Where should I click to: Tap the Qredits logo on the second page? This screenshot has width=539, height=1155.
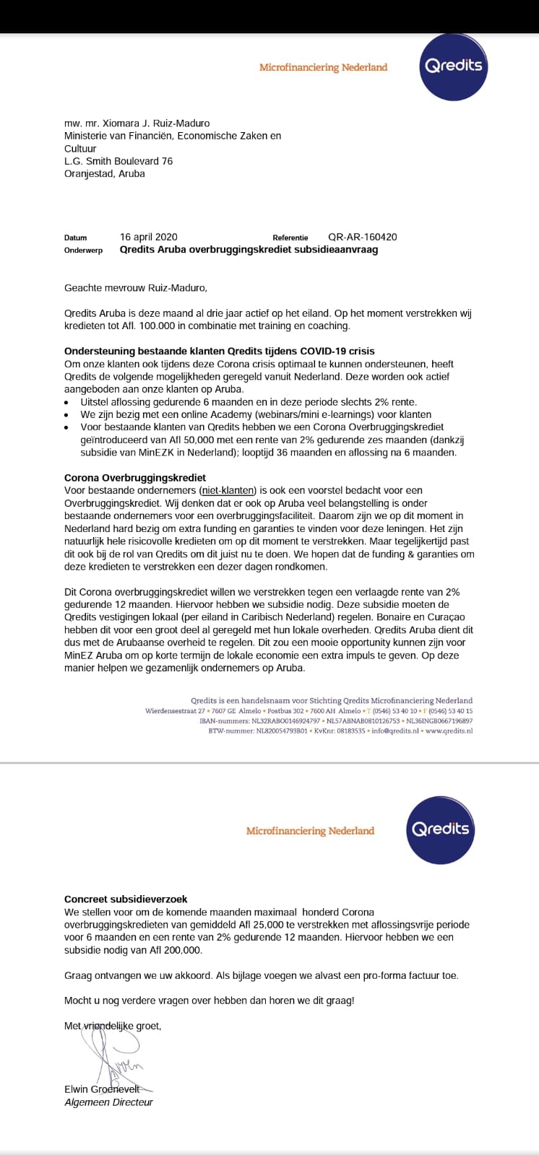pyautogui.click(x=440, y=829)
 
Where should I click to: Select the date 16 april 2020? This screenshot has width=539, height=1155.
pyautogui.click(x=148, y=237)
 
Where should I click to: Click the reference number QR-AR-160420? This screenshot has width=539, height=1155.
pyautogui.click(x=362, y=237)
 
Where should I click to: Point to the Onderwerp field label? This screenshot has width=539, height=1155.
pyautogui.click(x=83, y=250)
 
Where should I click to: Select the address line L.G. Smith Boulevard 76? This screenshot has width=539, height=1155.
pyautogui.click(x=118, y=161)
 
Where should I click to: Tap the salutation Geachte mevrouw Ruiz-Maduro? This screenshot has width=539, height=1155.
pyautogui.click(x=135, y=288)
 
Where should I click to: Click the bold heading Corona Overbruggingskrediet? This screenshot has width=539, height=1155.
pyautogui.click(x=135, y=478)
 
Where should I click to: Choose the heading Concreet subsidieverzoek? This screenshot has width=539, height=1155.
pyautogui.click(x=126, y=899)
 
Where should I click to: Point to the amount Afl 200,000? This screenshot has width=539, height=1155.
pyautogui.click(x=173, y=951)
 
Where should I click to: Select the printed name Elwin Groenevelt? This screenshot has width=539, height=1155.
pyautogui.click(x=108, y=1089)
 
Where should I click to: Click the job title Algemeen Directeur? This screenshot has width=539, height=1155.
pyautogui.click(x=108, y=1102)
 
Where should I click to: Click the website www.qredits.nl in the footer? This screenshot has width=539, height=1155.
pyautogui.click(x=449, y=731)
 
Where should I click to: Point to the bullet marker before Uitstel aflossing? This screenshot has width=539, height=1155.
pyautogui.click(x=67, y=402)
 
